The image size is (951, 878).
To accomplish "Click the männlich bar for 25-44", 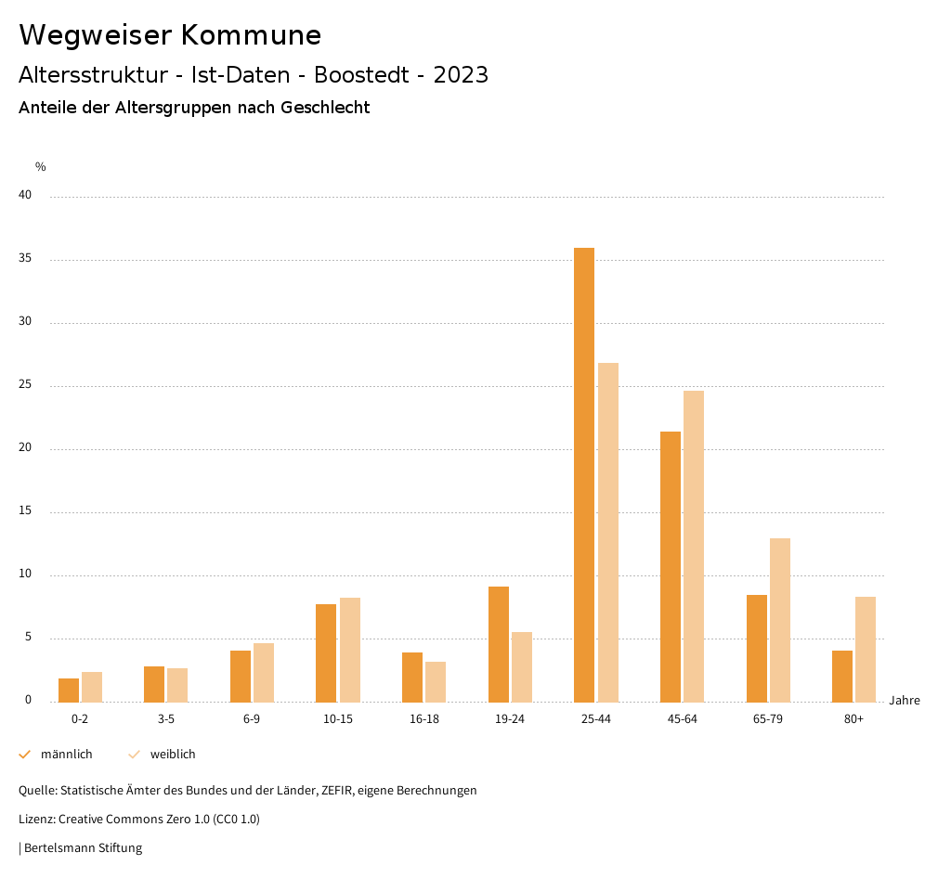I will [584, 474].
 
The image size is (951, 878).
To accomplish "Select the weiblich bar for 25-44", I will [608, 532].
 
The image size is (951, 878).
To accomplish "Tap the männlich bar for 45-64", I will [671, 566].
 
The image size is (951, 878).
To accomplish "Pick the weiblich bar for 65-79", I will [780, 620].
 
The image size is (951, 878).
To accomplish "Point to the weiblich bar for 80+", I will [866, 649].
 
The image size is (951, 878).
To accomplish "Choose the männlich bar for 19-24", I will [499, 644].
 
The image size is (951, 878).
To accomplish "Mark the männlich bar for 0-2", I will [69, 690].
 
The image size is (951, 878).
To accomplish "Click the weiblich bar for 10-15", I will [350, 650].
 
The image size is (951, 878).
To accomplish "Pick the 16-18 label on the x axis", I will [424, 719].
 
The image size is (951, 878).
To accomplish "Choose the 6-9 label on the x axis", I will [252, 719].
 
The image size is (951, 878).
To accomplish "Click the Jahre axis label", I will [905, 701].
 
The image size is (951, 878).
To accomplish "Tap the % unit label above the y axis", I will [41, 167].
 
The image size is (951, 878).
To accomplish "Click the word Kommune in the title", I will [251, 35].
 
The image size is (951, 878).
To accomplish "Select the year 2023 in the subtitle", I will [461, 75].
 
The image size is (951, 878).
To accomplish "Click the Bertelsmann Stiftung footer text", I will [83, 848].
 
